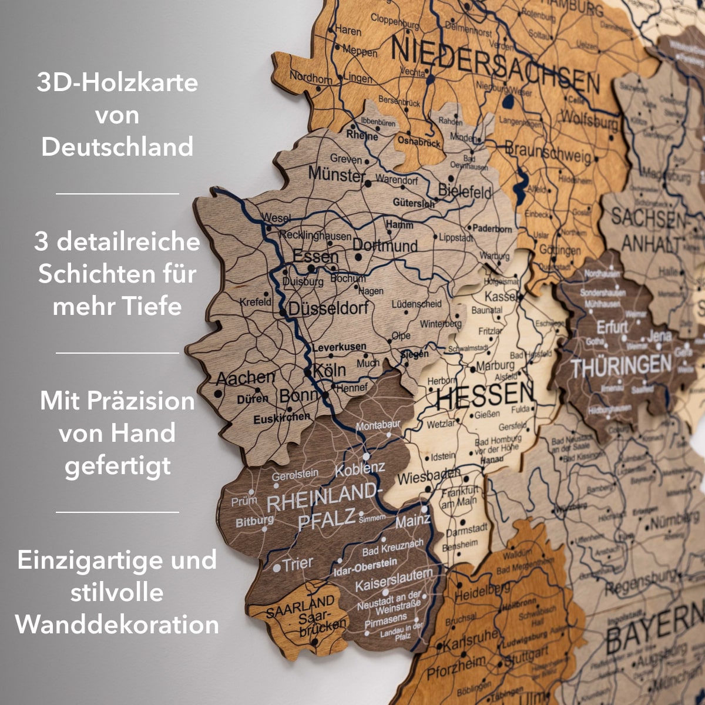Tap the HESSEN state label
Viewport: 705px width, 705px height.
pyautogui.click(x=485, y=397)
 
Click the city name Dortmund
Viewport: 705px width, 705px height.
pyautogui.click(x=385, y=246)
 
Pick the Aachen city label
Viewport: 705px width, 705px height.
pyautogui.click(x=246, y=378)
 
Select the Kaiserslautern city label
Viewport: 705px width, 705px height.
pyautogui.click(x=394, y=580)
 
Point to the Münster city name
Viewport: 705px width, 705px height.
pyautogui.click(x=337, y=174)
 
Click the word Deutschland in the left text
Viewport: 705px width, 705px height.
pyautogui.click(x=117, y=147)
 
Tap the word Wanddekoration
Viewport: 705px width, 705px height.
pyautogui.click(x=117, y=625)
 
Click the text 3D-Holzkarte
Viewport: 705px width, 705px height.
pyautogui.click(x=117, y=82)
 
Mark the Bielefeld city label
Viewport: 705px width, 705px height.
pyautogui.click(x=465, y=192)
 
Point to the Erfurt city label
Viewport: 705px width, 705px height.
pyautogui.click(x=612, y=327)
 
